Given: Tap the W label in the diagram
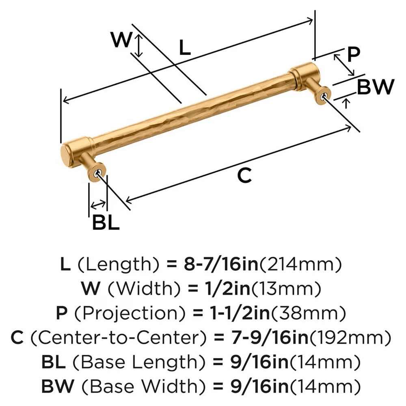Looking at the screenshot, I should [x=122, y=41].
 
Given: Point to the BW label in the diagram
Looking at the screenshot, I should [x=376, y=87].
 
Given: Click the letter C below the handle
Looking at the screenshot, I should [x=244, y=176].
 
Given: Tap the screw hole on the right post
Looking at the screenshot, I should [x=324, y=96].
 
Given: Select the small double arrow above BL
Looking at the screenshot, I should [x=98, y=203].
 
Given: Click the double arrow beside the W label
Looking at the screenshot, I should [x=139, y=45].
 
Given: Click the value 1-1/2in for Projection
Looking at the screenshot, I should [x=229, y=313].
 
